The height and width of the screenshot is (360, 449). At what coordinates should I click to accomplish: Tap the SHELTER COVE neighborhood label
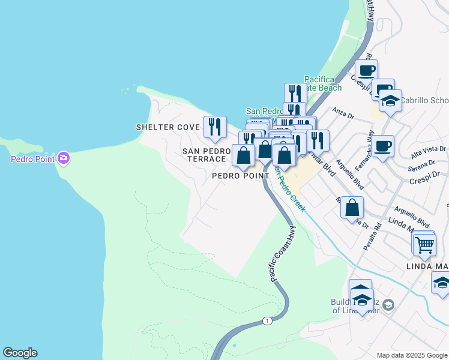pyautogui.click(x=167, y=127)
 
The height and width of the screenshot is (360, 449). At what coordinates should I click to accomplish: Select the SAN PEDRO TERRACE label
pyautogui.click(x=206, y=155)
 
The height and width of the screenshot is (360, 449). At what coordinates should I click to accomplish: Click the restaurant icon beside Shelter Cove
pyautogui.click(x=215, y=127)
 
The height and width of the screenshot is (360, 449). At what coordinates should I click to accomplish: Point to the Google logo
pyautogui.click(x=20, y=353)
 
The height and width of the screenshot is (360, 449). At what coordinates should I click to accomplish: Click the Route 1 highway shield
pyautogui.click(x=267, y=321)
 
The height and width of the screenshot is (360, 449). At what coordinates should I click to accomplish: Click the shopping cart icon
pyautogui.click(x=424, y=244)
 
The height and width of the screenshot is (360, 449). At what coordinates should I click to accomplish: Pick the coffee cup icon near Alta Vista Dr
pyautogui.click(x=382, y=146)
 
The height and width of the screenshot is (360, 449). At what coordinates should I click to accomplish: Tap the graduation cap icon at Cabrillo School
pyautogui.click(x=390, y=101)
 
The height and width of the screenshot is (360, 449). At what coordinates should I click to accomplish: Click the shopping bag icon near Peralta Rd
pyautogui.click(x=352, y=208)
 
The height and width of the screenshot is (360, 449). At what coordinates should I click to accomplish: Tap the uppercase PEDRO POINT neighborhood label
pyautogui.click(x=240, y=176)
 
